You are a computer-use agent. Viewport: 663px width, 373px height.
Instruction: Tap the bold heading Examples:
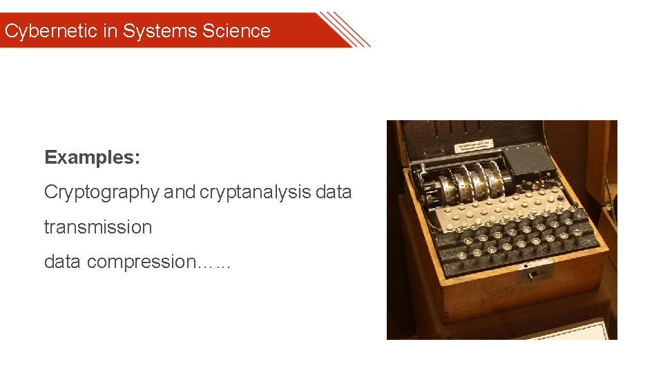92,157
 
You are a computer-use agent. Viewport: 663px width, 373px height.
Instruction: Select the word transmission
97,227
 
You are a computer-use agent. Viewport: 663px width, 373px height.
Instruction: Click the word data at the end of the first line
334,192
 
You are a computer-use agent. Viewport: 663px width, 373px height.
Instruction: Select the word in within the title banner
110,31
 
